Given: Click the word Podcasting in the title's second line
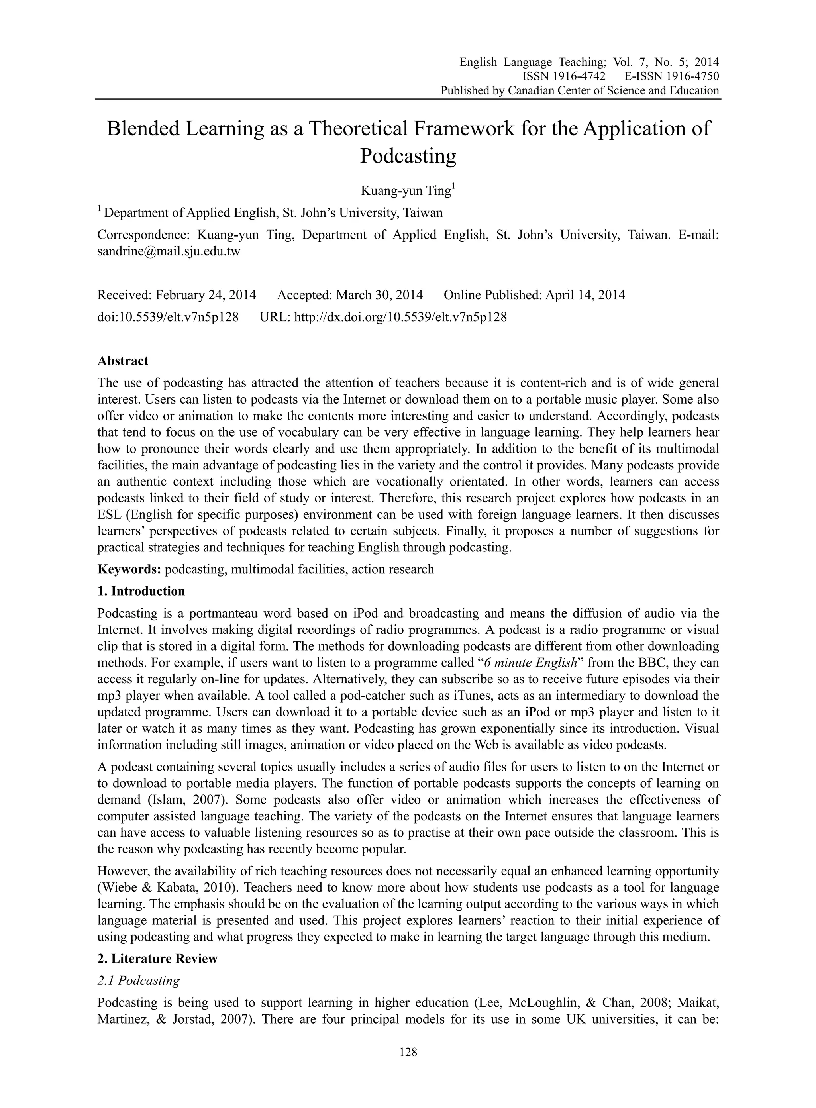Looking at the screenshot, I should [408, 156].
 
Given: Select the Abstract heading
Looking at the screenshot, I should [122, 361].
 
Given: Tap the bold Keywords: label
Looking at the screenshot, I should [129, 569].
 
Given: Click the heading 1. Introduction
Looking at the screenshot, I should [141, 591].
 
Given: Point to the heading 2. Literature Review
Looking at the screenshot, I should [157, 959].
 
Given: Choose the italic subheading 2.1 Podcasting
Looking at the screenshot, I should [139, 981].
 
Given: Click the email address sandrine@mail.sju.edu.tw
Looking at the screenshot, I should [169, 251].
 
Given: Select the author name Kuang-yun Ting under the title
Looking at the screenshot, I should [406, 191].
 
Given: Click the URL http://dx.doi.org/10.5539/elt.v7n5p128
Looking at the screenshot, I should [400, 317].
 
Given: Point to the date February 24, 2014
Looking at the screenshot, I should [206, 295].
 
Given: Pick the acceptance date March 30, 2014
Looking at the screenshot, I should [379, 295].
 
